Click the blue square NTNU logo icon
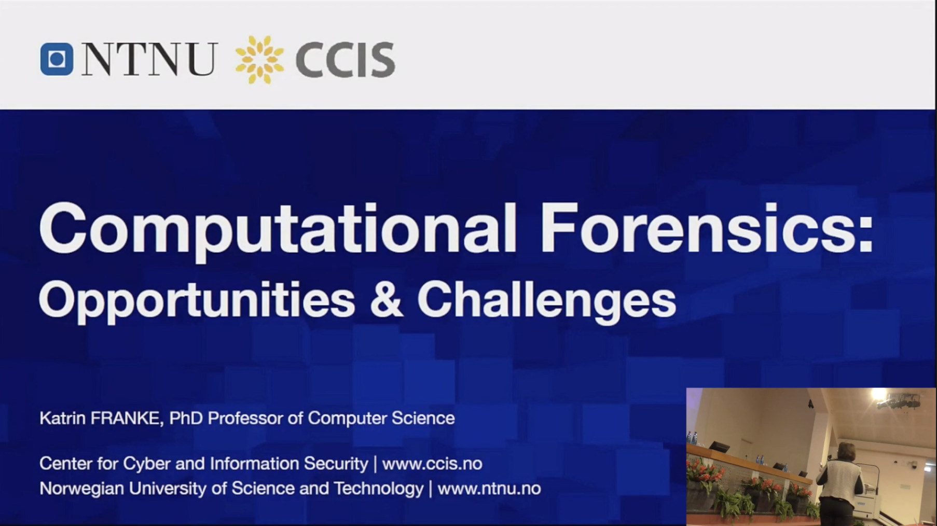57,59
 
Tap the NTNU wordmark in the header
149,59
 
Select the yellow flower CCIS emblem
259,60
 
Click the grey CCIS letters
346,60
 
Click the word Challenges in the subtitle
547,300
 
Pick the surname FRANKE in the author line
127,418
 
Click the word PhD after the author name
186,418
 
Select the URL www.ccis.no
432,463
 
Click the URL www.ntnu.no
489,489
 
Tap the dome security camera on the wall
914,465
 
